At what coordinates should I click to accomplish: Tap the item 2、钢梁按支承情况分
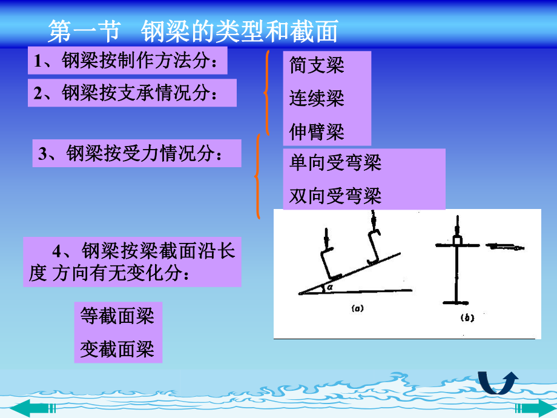click(132, 93)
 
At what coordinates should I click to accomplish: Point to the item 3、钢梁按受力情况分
click(136, 153)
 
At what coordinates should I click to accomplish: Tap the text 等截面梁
click(117, 316)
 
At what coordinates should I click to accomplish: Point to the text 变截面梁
click(117, 349)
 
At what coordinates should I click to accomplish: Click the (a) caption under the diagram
click(357, 308)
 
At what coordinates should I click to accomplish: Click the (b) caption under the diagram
click(467, 317)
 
